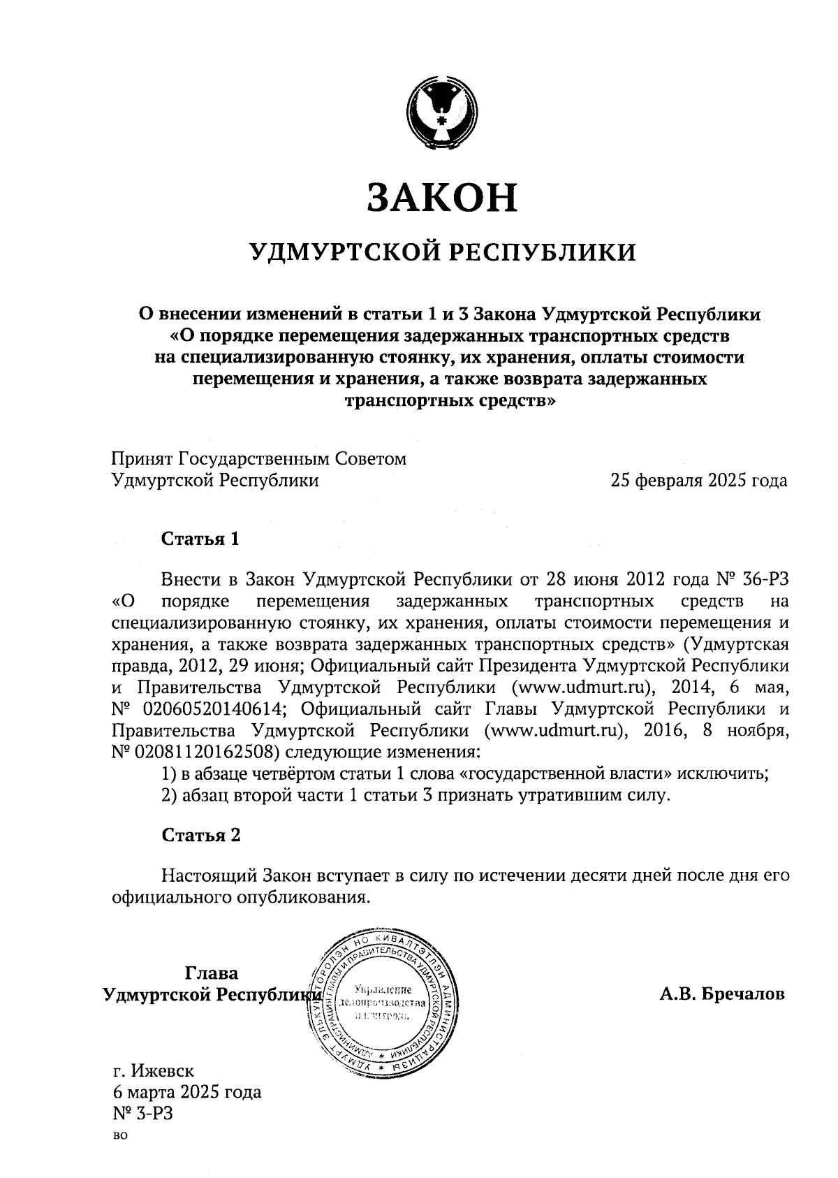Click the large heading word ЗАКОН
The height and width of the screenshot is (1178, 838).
click(x=442, y=197)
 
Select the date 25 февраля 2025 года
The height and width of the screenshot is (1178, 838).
click(x=698, y=481)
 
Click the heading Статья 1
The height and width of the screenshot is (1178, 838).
click(x=200, y=539)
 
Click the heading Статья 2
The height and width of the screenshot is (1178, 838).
click(x=201, y=836)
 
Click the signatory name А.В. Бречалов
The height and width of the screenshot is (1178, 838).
click(x=723, y=994)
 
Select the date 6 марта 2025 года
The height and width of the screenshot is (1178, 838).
click(x=186, y=1092)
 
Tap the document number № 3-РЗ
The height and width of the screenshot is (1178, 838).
click(x=142, y=1114)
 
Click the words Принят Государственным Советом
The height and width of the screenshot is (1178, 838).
click(x=258, y=459)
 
